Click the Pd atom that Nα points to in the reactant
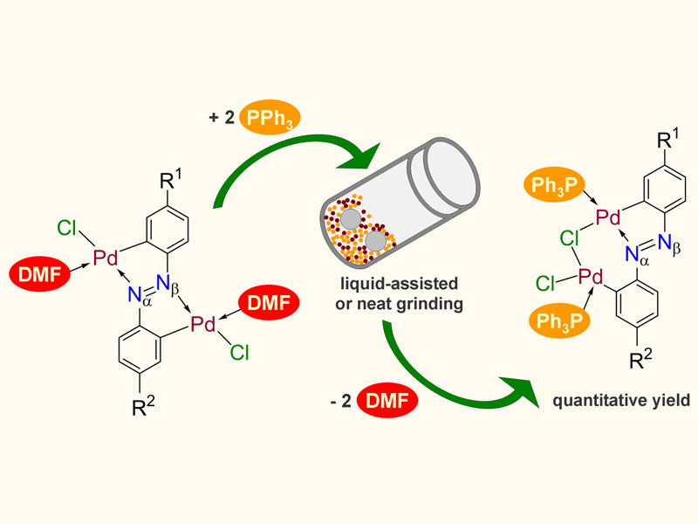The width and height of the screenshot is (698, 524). (106, 259)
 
